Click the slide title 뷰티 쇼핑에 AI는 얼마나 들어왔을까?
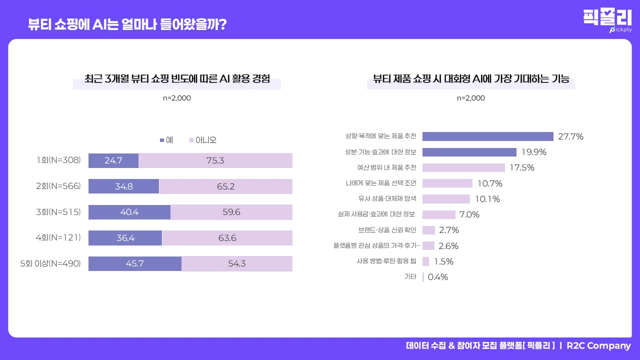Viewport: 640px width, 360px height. click(x=127, y=24)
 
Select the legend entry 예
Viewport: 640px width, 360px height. click(x=166, y=140)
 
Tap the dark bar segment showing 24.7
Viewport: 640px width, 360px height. click(x=113, y=161)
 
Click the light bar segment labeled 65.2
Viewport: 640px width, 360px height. click(x=225, y=186)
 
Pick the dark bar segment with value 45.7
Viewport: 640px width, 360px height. click(x=135, y=263)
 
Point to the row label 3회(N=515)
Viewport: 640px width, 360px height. click(x=58, y=212)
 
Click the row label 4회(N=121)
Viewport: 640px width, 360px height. click(x=58, y=237)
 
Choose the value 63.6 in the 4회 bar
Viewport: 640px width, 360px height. click(x=227, y=238)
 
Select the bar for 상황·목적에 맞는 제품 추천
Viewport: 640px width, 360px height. click(x=487, y=136)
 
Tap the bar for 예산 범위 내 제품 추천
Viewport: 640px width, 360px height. click(x=463, y=167)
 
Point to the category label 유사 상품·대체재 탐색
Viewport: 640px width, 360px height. click(x=387, y=199)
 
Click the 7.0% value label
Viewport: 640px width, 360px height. click(x=469, y=214)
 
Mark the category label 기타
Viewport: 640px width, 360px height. click(x=410, y=277)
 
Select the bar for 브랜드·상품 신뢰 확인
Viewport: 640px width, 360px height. click(x=428, y=230)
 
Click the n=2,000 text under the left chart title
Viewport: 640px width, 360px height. click(x=177, y=98)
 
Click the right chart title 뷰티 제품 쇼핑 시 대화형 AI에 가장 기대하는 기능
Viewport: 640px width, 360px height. click(x=471, y=79)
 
